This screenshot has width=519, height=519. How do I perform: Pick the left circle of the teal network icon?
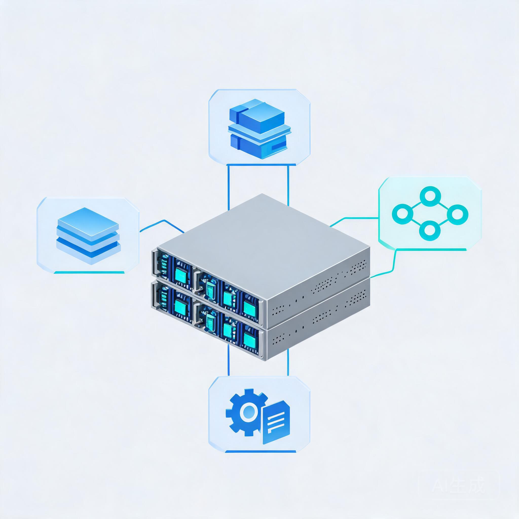tap(401, 214)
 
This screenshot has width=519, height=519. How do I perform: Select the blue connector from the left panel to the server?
tap(162, 226)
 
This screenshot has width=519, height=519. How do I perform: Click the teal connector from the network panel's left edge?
tap(354, 222)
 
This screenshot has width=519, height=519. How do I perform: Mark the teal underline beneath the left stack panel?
tap(89, 272)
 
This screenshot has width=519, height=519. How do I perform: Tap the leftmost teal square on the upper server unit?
tap(182, 274)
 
